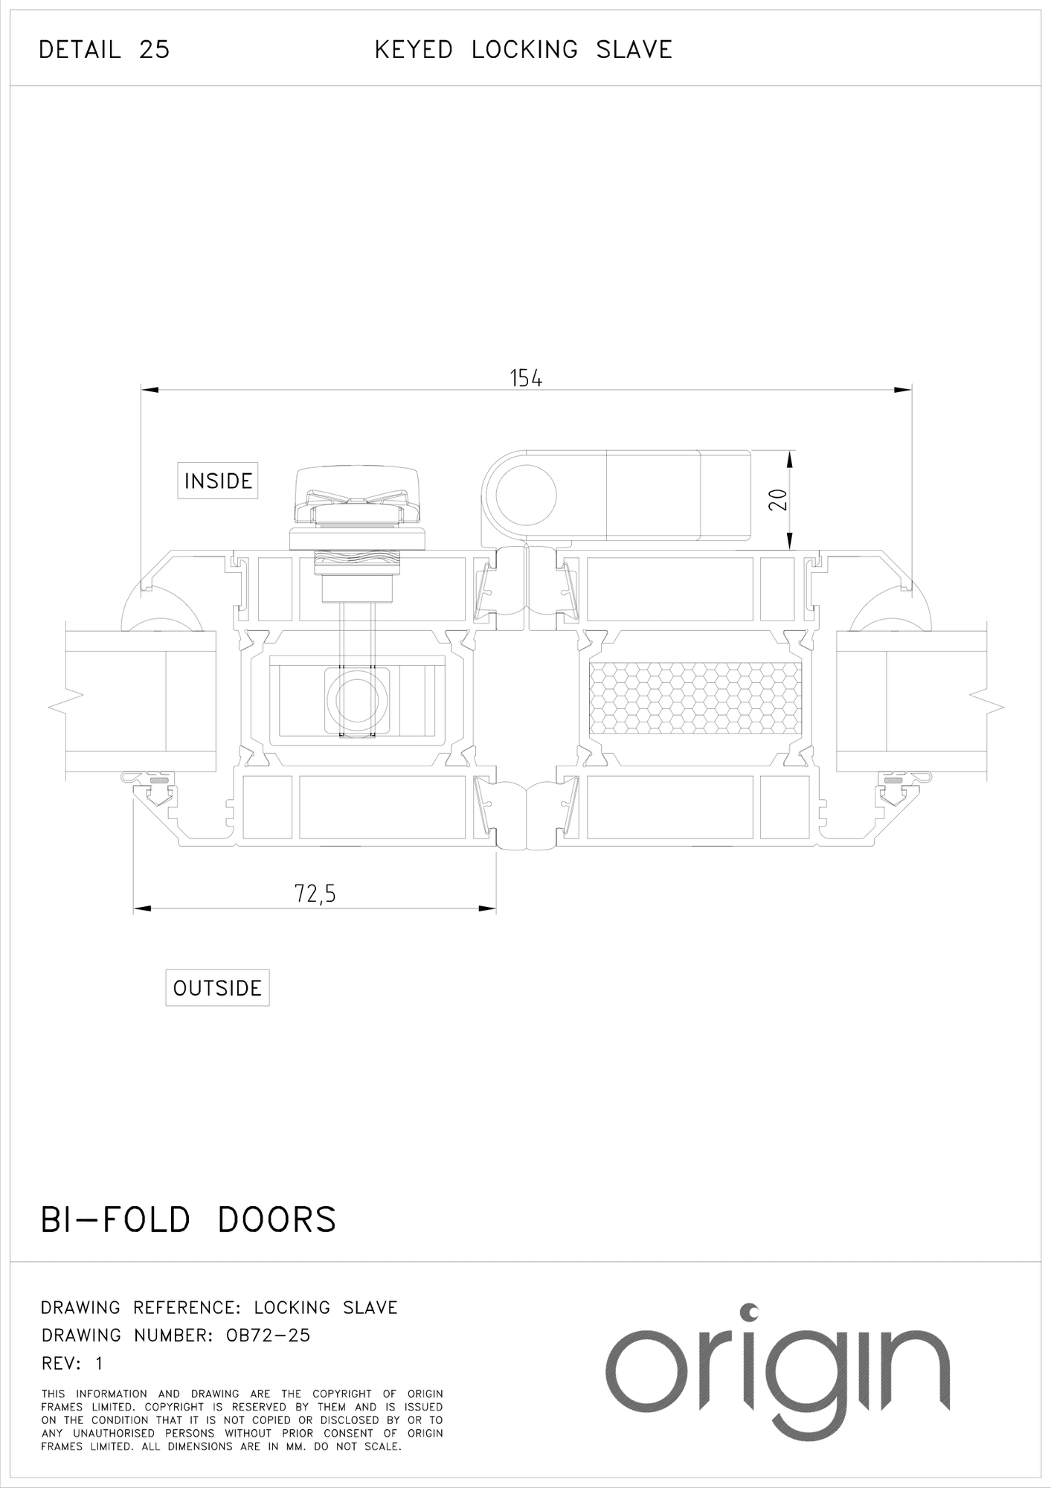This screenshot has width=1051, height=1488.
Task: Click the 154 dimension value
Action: click(x=526, y=378)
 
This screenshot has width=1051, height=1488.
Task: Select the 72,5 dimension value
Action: click(x=315, y=893)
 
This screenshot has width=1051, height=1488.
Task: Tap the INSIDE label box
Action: click(x=218, y=481)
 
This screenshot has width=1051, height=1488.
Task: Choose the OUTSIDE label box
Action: click(x=217, y=988)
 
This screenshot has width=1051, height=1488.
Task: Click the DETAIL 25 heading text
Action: click(x=104, y=50)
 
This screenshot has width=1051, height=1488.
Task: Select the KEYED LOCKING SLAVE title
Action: click(x=524, y=50)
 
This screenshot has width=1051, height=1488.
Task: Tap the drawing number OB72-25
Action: click(x=268, y=1335)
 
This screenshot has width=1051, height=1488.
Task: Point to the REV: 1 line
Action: click(x=72, y=1364)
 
